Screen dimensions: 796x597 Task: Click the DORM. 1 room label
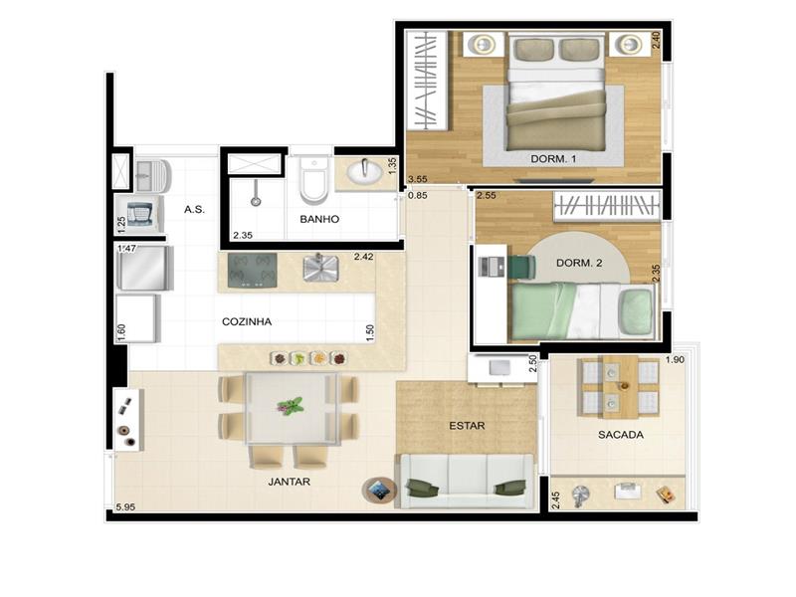(553, 159)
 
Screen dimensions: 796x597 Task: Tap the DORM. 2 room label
(579, 263)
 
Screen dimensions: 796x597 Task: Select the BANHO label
(319, 219)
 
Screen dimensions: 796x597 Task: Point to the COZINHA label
(247, 321)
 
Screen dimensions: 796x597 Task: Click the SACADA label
(620, 435)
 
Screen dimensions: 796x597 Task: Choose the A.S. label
(194, 209)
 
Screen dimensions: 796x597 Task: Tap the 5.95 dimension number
(125, 506)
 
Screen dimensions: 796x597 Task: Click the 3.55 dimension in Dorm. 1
(417, 179)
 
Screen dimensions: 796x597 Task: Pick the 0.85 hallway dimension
(418, 195)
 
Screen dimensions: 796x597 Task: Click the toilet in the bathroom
(312, 179)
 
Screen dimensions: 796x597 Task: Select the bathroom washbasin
(364, 171)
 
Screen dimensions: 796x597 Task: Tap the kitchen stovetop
(253, 270)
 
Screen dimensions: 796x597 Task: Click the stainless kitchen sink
(320, 268)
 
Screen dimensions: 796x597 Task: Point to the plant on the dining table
(291, 406)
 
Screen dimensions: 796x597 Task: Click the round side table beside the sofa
(379, 490)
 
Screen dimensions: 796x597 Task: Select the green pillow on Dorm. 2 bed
(636, 311)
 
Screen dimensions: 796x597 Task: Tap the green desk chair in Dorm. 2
(523, 267)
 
